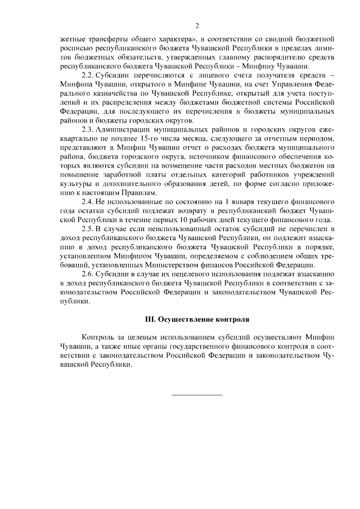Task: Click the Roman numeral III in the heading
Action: [150, 319]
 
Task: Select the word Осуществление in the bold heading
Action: [186, 319]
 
